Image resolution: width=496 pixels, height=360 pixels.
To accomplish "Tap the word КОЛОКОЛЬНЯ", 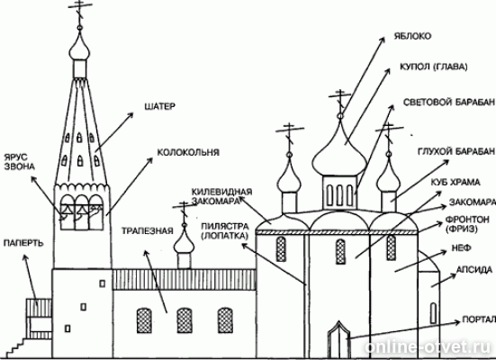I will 188,153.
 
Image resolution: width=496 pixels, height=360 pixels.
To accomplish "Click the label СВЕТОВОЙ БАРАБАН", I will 446,102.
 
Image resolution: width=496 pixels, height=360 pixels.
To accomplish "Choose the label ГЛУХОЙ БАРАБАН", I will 456,148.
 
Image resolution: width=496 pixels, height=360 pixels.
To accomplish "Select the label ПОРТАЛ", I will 475,318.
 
